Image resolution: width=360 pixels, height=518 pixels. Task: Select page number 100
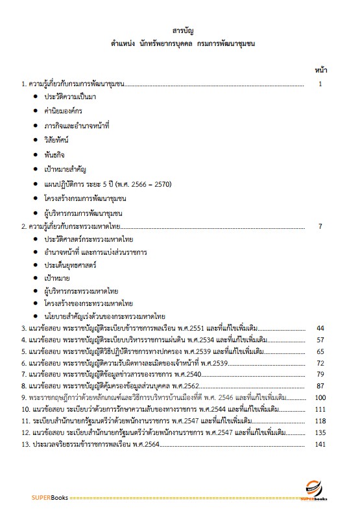(x=319, y=397)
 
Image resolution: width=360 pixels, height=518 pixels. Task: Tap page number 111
(x=319, y=409)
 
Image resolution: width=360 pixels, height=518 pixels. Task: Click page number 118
(x=319, y=421)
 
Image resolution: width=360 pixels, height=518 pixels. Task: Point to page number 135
(x=319, y=432)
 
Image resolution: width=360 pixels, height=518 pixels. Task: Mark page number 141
(x=319, y=444)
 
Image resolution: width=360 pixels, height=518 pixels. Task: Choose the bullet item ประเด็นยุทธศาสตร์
(x=70, y=265)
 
